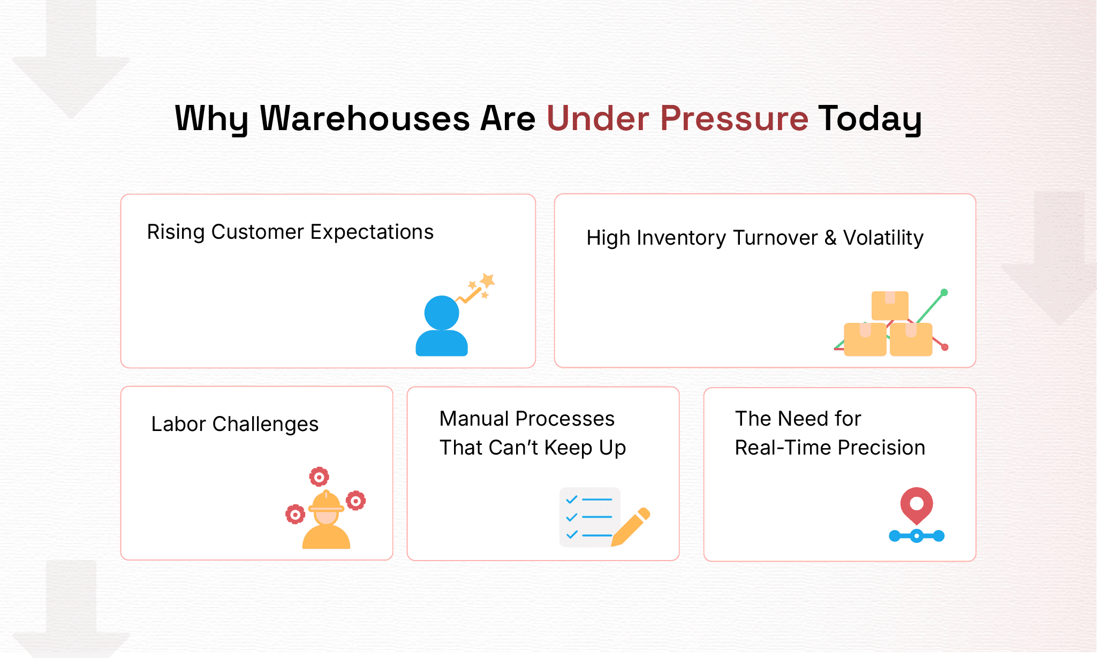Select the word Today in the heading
(870, 118)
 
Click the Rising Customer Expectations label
(290, 232)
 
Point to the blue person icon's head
(442, 313)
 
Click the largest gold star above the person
(487, 280)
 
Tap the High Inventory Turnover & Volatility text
(755, 238)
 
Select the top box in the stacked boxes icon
(890, 305)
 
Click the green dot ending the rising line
(944, 292)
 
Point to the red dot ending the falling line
(945, 347)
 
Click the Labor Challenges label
(234, 424)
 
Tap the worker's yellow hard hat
(326, 502)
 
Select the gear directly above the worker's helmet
(319, 477)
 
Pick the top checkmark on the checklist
(572, 500)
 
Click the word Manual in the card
(474, 419)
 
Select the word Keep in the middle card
(569, 448)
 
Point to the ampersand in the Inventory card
(830, 238)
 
